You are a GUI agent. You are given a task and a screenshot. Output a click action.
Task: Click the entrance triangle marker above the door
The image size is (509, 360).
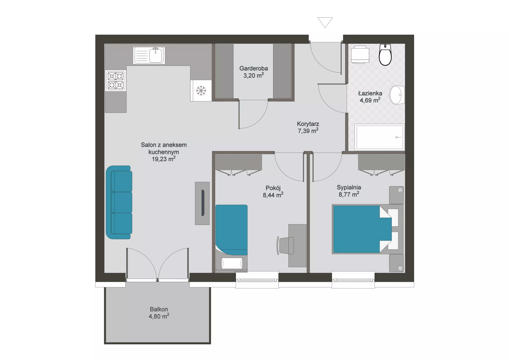[x=325, y=22]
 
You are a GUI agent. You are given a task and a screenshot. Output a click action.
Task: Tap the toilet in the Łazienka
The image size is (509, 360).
[x=385, y=55]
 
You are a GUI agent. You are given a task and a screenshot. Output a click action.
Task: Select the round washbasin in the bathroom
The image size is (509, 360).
[x=397, y=95]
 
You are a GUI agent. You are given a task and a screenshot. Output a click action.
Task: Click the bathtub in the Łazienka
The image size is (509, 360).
[x=380, y=137]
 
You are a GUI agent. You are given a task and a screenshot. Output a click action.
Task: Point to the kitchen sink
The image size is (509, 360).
[x=149, y=55]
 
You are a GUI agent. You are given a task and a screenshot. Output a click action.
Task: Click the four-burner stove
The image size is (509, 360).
[x=116, y=81]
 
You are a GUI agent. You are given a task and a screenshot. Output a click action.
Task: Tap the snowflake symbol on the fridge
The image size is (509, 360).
[x=201, y=91]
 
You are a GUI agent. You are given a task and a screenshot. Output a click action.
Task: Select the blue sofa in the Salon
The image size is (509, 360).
[x=119, y=202]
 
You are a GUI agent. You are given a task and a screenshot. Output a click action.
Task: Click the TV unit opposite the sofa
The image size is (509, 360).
[x=202, y=203]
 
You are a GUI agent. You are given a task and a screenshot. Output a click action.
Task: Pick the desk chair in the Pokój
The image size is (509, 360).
[x=286, y=245]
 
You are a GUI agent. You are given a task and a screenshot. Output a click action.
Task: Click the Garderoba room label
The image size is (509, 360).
[x=253, y=68]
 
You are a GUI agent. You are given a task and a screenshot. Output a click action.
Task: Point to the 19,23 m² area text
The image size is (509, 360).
[x=164, y=159]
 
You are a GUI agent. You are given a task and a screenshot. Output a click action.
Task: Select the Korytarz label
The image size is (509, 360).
[x=308, y=124]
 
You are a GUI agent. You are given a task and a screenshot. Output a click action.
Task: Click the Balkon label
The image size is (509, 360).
[x=159, y=309]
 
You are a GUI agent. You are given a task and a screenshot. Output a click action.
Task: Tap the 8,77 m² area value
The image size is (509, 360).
[x=349, y=194]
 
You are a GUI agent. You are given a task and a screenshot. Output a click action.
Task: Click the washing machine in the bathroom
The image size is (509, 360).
[x=360, y=55]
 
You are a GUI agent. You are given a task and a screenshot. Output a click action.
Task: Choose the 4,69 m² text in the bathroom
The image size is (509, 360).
[x=370, y=100]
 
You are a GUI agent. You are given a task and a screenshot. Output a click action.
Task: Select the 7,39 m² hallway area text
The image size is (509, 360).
[x=308, y=131]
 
